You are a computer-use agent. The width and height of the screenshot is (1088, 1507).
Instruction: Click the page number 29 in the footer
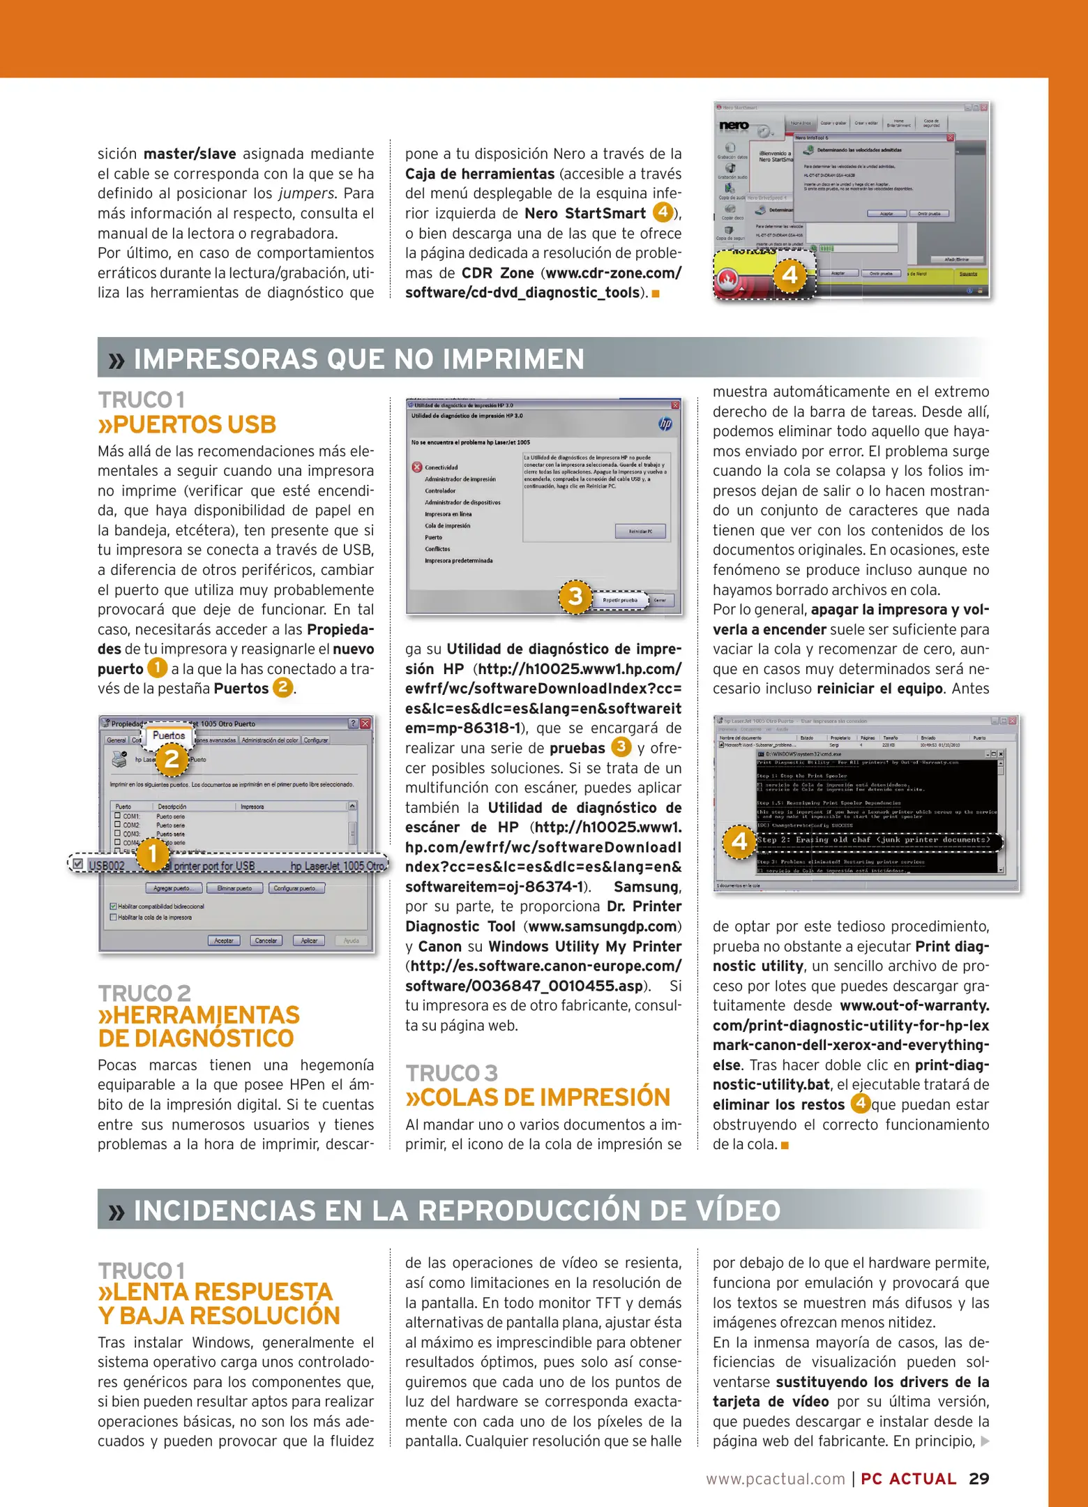(979, 1478)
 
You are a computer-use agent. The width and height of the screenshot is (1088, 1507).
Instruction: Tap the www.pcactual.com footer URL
(775, 1479)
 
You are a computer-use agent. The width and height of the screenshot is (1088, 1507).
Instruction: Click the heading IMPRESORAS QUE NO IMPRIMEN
(358, 359)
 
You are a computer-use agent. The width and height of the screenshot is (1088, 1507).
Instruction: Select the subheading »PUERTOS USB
(187, 424)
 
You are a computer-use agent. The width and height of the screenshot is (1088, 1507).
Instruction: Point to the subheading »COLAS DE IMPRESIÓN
(538, 1097)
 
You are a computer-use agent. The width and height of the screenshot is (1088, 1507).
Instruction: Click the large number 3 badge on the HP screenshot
(575, 597)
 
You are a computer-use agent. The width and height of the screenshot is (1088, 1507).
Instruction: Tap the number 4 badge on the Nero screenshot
(789, 275)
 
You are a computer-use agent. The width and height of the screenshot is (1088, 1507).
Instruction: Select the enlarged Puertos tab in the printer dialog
(169, 735)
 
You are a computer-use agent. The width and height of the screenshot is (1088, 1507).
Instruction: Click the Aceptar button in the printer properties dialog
(224, 940)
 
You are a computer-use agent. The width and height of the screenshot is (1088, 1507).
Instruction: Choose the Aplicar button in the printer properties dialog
(309, 940)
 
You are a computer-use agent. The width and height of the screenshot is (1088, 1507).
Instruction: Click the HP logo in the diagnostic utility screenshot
(665, 423)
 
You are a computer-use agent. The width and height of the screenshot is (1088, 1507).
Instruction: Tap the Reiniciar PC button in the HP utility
(640, 532)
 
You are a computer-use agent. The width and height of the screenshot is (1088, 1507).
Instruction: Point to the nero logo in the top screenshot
(734, 126)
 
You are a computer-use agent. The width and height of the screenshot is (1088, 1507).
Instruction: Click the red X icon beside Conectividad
(417, 467)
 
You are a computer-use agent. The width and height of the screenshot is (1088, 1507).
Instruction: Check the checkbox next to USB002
(78, 864)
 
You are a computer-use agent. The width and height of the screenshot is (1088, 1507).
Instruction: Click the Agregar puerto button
(174, 888)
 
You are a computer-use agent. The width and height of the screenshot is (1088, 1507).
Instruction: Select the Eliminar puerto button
(235, 888)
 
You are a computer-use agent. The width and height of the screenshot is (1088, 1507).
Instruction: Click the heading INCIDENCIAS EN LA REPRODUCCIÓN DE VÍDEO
(457, 1210)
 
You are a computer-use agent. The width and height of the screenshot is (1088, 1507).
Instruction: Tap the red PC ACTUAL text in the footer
(908, 1479)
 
